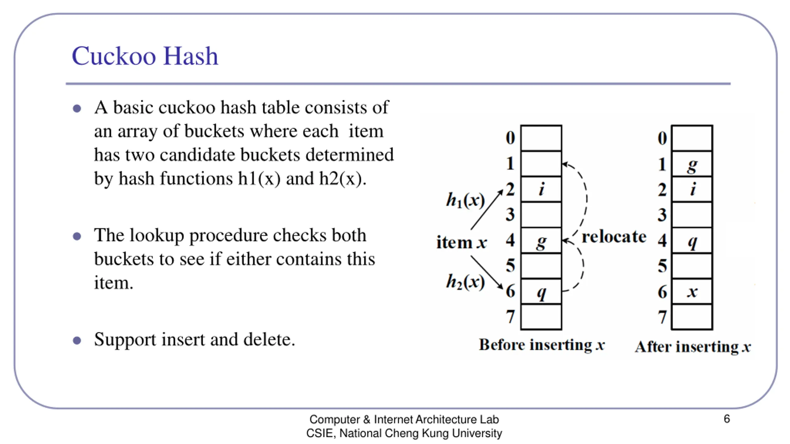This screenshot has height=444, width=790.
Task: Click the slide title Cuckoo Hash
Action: coord(145,56)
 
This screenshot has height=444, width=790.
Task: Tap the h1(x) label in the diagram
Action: coord(465,200)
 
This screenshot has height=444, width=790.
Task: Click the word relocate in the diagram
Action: coord(614,237)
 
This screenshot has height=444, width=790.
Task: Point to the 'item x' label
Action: coord(461,242)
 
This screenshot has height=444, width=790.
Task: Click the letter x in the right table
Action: coord(692,291)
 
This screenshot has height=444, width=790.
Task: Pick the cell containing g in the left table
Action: coord(541,241)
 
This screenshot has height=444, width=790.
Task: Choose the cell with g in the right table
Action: coord(692,164)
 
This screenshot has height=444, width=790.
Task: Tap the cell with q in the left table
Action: coord(541,291)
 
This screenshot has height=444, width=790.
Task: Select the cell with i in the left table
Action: coord(541,189)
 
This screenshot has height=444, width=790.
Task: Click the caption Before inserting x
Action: coord(542,345)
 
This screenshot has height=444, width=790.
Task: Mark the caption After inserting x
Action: coord(693,347)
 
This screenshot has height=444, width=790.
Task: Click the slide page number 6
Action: coord(727,419)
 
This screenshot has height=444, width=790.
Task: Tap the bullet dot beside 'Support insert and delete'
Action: coord(77,340)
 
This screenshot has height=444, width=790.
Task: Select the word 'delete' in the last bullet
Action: coord(269,339)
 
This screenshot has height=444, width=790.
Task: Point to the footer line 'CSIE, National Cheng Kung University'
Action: coord(404,433)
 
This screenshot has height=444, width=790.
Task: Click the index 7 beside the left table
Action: coord(510,317)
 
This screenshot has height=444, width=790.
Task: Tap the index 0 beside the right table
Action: coord(662,138)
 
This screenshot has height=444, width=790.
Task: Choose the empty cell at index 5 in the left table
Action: coord(541,266)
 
